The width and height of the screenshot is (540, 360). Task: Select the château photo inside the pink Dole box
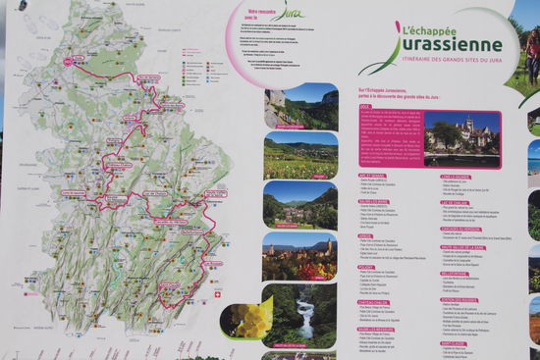461,138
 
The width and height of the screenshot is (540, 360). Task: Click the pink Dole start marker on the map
70,61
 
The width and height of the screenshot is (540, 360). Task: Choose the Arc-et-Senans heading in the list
372,176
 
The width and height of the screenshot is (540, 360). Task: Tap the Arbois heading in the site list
365,236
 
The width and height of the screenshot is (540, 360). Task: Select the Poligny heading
366,266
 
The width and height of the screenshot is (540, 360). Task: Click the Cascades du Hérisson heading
462,228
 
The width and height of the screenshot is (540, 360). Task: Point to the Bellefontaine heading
455,274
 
